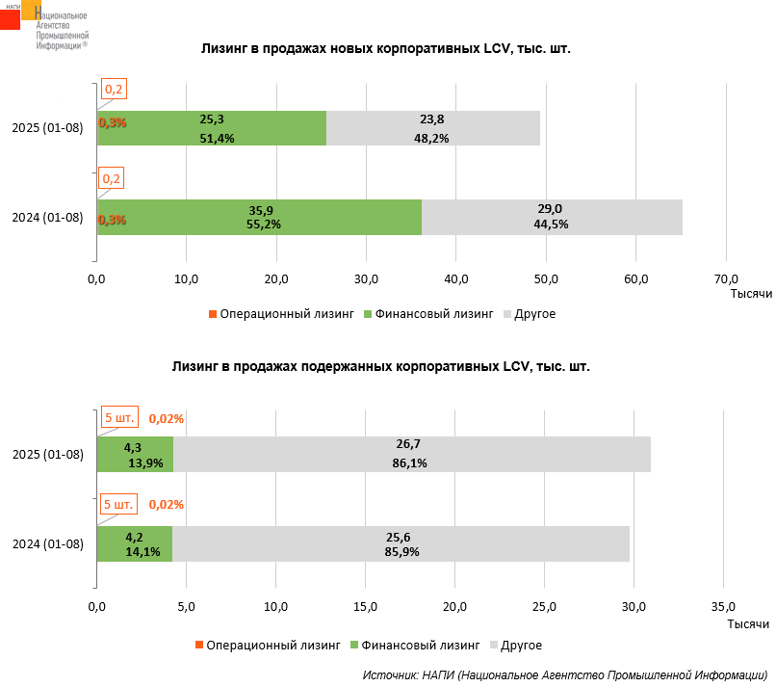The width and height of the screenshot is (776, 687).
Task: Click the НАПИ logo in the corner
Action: coord(43,25)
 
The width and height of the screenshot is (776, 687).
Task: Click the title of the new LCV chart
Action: coord(385,48)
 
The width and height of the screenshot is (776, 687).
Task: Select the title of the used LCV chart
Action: coord(380,367)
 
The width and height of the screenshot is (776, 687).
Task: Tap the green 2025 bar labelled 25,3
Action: coord(212,128)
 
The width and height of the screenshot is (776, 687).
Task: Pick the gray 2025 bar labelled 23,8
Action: coord(433,128)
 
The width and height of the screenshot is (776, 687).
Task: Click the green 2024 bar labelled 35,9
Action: coord(259,217)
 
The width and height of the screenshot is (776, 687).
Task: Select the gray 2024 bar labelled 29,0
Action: coord(552,217)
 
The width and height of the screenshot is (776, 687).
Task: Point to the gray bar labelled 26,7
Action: coord(412,454)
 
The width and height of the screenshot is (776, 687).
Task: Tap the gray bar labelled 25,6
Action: coord(401,543)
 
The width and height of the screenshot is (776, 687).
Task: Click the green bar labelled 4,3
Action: coord(135,454)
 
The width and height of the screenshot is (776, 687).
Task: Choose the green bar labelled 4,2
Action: coord(135,543)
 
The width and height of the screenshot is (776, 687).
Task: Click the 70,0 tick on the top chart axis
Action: coord(726,279)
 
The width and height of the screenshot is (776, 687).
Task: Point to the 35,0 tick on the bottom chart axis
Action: coord(723,606)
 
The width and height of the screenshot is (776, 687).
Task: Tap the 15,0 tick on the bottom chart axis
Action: coord(365,606)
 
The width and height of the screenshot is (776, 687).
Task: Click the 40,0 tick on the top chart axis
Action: coord(456,279)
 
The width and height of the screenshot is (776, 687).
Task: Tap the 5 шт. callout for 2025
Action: coord(119,417)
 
